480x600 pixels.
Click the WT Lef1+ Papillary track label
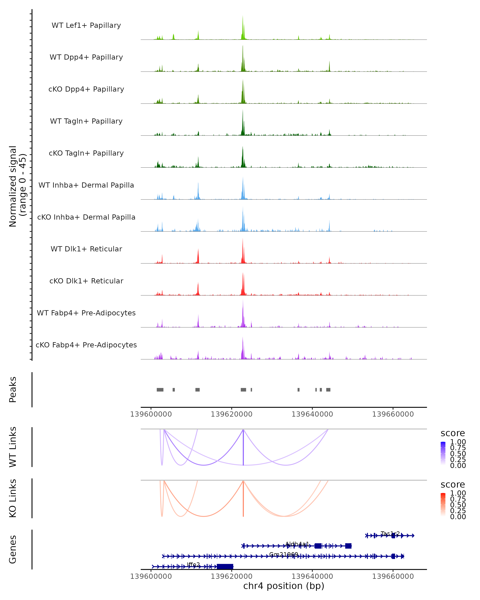pos(86,25)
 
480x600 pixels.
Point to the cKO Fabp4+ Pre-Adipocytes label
pos(86,345)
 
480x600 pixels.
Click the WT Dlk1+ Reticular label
pos(86,249)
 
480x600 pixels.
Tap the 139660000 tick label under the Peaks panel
pos(393,414)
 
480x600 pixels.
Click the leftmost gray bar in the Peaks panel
pos(160,390)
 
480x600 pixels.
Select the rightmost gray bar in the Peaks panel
pos(328,390)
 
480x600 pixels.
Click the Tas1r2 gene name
pos(390,533)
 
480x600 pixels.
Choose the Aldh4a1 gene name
pos(297,544)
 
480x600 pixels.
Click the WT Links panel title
pos(13,447)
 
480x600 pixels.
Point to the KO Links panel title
pos(13,498)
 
